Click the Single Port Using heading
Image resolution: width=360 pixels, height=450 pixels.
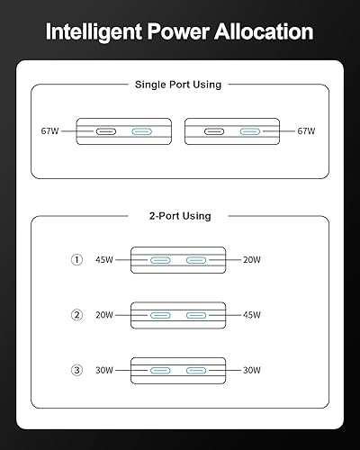(x=177, y=85)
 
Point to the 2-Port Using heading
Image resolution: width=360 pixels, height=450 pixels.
(x=179, y=216)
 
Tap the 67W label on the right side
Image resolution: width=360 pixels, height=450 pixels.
(x=309, y=131)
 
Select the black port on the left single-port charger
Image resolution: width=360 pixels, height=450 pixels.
(x=107, y=131)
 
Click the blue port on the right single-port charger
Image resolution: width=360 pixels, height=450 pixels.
(x=253, y=131)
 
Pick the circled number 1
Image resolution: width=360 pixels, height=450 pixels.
(x=77, y=260)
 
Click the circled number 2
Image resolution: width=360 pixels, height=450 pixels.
(x=77, y=315)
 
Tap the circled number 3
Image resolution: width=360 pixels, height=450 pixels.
(x=77, y=370)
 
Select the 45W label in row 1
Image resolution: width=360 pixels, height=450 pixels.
(x=105, y=260)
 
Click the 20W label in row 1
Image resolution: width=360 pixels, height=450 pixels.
(x=252, y=260)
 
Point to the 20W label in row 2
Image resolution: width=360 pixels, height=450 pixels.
(x=105, y=315)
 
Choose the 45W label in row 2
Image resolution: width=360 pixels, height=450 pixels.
(x=252, y=315)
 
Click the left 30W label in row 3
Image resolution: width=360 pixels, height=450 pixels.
(x=105, y=370)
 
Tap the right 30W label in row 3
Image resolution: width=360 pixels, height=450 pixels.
(x=252, y=370)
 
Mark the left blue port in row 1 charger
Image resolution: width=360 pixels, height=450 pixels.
(x=162, y=260)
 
